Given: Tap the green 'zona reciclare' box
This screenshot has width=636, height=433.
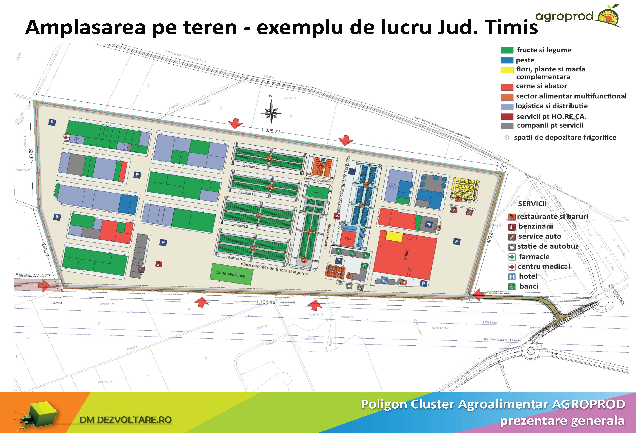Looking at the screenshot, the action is [231, 274].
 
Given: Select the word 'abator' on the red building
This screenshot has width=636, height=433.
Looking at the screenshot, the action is [406, 254].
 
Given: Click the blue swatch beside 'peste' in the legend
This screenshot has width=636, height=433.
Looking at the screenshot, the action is [507, 60].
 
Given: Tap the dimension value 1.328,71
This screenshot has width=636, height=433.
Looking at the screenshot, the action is [271, 131].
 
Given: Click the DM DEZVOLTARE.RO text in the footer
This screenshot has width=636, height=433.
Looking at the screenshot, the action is [126, 420].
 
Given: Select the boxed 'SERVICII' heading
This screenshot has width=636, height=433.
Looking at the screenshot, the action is [532, 204].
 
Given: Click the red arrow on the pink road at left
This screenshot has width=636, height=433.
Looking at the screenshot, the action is [44, 286].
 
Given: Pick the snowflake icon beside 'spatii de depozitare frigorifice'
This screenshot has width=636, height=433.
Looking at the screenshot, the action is [507, 138].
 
